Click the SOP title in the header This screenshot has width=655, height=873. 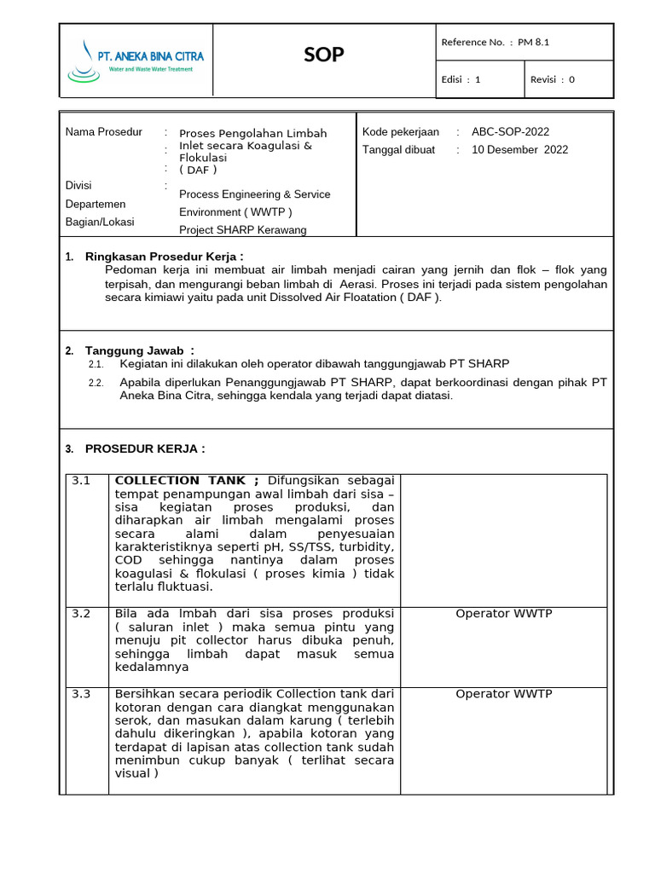pos(324,55)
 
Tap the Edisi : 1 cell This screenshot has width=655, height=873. pos(461,79)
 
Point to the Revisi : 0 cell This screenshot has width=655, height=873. pos(553,79)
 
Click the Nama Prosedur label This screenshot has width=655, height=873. pos(103,132)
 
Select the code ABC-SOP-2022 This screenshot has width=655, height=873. pos(510,132)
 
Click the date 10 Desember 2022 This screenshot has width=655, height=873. pos(519,150)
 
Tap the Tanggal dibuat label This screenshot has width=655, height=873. pos(398,150)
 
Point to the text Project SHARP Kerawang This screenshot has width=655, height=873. pos(242,229)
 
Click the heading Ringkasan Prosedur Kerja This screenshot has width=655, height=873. pos(164,257)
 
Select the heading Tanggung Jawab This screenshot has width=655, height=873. pos(139,350)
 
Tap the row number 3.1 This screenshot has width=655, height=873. pos(81,481)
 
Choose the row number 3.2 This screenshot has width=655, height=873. pos(81,614)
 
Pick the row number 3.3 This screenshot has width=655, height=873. pos(81,694)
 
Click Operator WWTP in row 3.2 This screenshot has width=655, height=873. pos(504,614)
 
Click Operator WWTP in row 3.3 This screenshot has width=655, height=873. pos(504,694)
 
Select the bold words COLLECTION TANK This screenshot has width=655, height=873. pos(174,481)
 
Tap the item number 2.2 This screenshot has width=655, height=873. pos(96,383)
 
